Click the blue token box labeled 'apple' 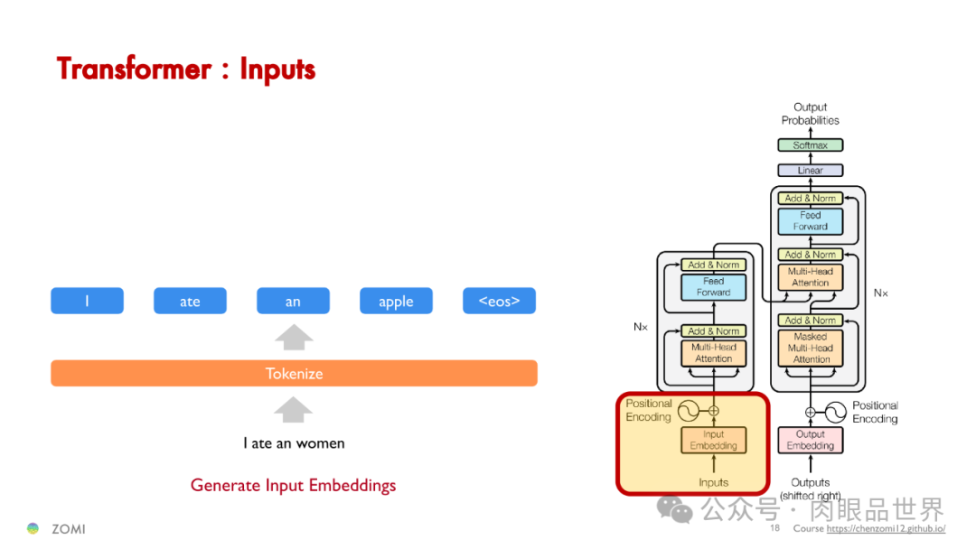point(396,301)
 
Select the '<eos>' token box point(499,301)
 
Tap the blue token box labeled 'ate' point(190,301)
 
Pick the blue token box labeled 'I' point(87,301)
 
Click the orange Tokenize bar point(294,373)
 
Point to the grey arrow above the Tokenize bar point(294,338)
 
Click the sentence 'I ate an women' point(294,442)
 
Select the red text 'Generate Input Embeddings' point(293,485)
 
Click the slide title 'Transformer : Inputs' point(186,69)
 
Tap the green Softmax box point(810,145)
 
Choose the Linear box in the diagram point(810,170)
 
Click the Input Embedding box point(713,440)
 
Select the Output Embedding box point(810,440)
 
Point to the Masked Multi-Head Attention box point(811,348)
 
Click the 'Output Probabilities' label point(810,114)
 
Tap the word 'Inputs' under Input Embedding point(713,482)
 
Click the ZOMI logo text point(68,528)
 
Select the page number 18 point(774,528)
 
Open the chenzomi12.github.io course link point(886,529)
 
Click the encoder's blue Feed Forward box point(713,287)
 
